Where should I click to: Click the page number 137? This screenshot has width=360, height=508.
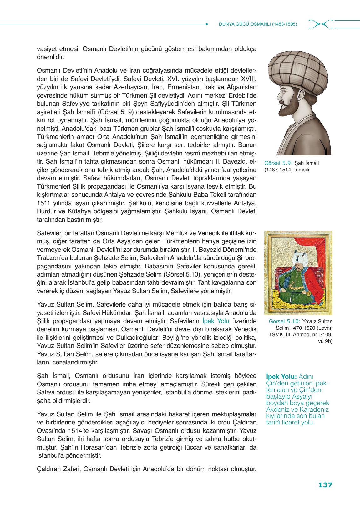point(325,485)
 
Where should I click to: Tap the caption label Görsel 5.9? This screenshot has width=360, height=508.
point(278,163)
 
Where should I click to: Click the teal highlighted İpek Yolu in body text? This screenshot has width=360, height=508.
point(216,321)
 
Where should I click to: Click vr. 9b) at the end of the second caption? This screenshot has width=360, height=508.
point(325,341)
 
